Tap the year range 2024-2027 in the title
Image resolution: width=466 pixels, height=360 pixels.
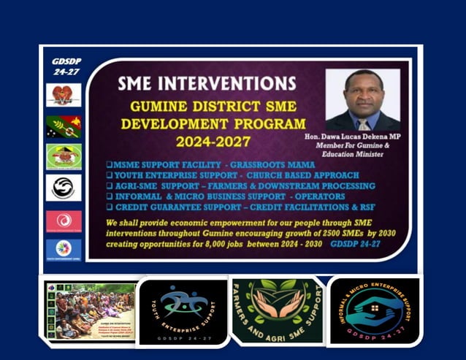[213, 141]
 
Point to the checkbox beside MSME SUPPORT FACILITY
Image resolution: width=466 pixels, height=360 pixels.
[109, 164]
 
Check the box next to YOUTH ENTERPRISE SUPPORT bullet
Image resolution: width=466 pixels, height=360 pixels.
[109, 175]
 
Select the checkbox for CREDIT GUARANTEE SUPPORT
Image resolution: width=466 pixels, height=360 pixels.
[109, 207]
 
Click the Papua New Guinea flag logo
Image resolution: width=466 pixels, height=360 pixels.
[64, 126]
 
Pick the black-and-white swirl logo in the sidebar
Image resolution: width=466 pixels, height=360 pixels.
[64, 188]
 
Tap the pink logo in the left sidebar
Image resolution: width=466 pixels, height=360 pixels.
[64, 221]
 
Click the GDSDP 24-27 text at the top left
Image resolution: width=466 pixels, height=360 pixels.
[66, 66]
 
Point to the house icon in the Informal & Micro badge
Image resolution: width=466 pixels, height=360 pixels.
[375, 307]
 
